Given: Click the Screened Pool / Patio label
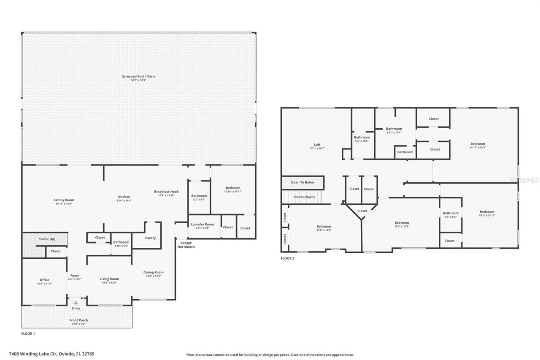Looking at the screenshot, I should (138, 76).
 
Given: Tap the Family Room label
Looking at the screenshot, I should (64, 200).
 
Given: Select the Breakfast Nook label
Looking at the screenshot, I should (166, 192).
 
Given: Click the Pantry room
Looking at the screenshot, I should (151, 238).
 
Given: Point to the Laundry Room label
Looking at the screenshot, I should (202, 225).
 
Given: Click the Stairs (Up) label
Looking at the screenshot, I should (46, 239).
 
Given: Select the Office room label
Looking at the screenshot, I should (44, 280).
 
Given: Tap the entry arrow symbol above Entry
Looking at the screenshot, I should (76, 303).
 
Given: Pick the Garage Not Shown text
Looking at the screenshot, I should (186, 245).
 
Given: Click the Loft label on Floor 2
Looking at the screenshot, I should (317, 145).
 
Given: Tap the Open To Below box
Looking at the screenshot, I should (303, 182).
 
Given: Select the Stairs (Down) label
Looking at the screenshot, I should (304, 197).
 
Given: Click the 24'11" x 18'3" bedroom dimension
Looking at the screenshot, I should (478, 148).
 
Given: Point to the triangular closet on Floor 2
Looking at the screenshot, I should (362, 211).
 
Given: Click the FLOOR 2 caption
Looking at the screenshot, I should (287, 258).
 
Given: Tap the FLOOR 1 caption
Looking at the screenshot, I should (28, 333).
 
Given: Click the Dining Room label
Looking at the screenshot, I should (153, 272).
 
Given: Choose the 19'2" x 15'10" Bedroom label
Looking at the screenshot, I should (486, 212).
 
